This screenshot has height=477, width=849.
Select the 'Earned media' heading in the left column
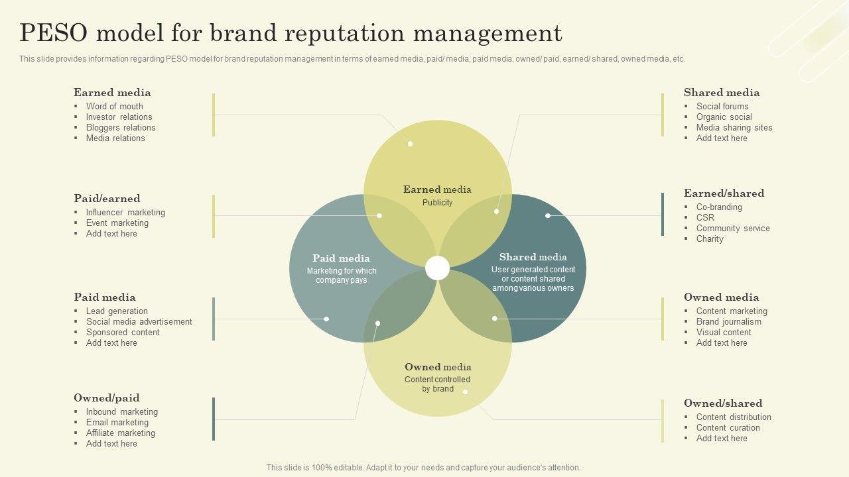point(112,93)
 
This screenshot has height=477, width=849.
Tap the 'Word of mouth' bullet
point(114,106)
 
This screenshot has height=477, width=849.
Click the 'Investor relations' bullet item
point(119,117)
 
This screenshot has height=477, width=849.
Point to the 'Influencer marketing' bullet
point(125,212)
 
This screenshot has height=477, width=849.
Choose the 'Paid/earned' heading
point(107,199)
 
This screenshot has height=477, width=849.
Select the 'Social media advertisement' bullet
point(139,321)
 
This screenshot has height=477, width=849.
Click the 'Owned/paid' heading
point(106,398)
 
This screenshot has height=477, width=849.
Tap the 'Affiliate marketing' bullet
point(120,433)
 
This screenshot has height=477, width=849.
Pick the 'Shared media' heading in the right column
point(722,93)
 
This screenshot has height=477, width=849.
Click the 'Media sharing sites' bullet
point(734,127)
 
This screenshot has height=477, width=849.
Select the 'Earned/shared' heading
point(724,193)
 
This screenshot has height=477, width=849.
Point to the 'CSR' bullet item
point(705,217)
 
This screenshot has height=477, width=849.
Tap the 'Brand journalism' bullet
point(728,321)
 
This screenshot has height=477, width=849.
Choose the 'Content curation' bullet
point(728,427)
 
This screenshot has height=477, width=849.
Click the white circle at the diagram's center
point(437,268)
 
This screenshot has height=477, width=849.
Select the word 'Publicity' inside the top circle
point(437,203)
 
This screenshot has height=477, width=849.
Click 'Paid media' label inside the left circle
point(341,258)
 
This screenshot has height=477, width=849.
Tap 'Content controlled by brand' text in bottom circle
point(437,384)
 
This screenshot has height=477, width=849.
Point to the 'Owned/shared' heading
point(723,403)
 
